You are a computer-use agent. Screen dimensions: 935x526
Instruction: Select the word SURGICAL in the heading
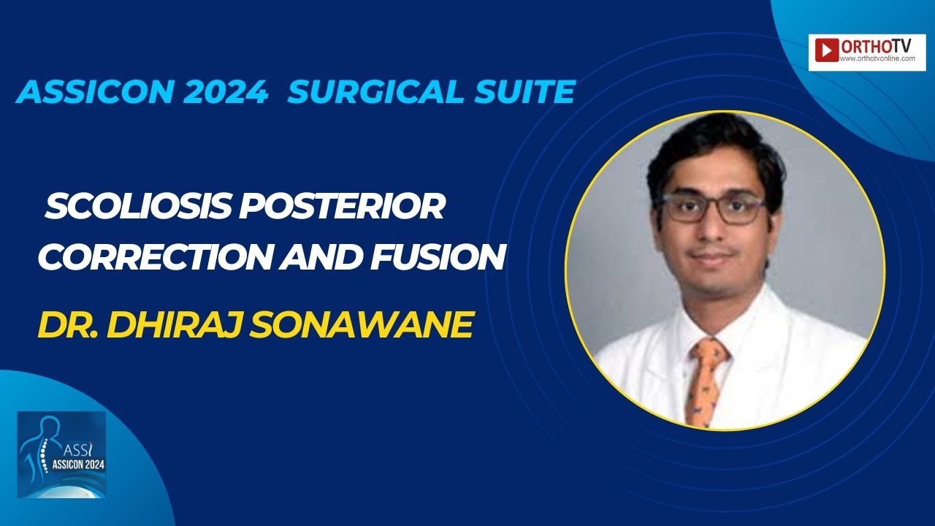click(375, 91)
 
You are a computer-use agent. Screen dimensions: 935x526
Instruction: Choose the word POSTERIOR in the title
click(342, 207)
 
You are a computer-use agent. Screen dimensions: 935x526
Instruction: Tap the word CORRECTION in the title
click(155, 256)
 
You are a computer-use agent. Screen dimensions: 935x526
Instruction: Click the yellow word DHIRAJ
click(175, 324)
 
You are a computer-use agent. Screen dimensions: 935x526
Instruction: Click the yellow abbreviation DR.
click(68, 324)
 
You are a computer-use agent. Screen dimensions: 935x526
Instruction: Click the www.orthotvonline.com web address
click(877, 59)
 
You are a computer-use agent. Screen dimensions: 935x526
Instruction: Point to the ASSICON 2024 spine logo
click(62, 454)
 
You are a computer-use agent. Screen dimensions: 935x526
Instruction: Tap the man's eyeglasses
click(713, 208)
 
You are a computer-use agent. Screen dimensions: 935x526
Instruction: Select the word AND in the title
click(321, 256)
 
